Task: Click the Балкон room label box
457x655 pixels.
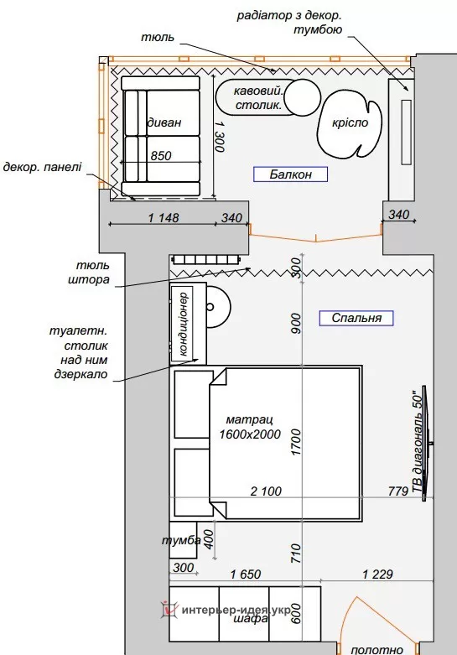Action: point(290,174)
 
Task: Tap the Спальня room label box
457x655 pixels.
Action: point(356,318)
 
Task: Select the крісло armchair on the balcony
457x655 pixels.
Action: point(350,124)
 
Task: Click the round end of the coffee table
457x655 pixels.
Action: point(303,97)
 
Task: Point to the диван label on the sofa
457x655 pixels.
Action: point(164,122)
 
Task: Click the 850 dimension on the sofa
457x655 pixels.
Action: point(161,156)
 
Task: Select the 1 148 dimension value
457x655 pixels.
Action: point(164,218)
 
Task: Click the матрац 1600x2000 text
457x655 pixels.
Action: point(250,427)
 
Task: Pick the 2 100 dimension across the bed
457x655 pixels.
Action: point(266,491)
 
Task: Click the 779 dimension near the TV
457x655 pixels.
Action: point(397,491)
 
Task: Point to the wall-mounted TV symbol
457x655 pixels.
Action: point(426,443)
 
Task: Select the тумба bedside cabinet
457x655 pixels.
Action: point(183,540)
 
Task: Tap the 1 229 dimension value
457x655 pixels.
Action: point(377,574)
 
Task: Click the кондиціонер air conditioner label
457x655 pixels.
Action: point(184,324)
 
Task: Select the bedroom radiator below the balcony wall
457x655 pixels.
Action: point(207,260)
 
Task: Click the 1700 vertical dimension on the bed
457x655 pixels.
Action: point(296,442)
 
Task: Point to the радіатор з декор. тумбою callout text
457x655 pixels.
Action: point(289,23)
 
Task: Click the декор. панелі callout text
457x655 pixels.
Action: point(42,167)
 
